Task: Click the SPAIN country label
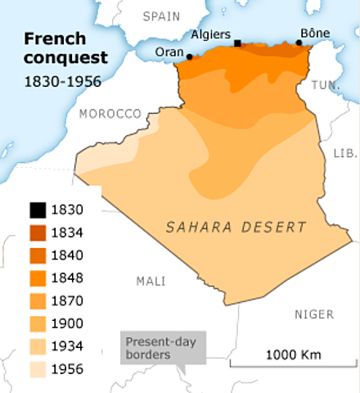click(160, 16)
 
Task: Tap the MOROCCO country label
click(112, 115)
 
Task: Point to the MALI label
click(151, 281)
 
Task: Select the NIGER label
click(313, 314)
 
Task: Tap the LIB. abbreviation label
click(342, 153)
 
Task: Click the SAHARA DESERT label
click(236, 227)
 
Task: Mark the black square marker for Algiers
click(237, 43)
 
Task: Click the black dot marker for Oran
click(190, 56)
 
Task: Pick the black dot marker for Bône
click(299, 43)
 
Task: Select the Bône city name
click(314, 34)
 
